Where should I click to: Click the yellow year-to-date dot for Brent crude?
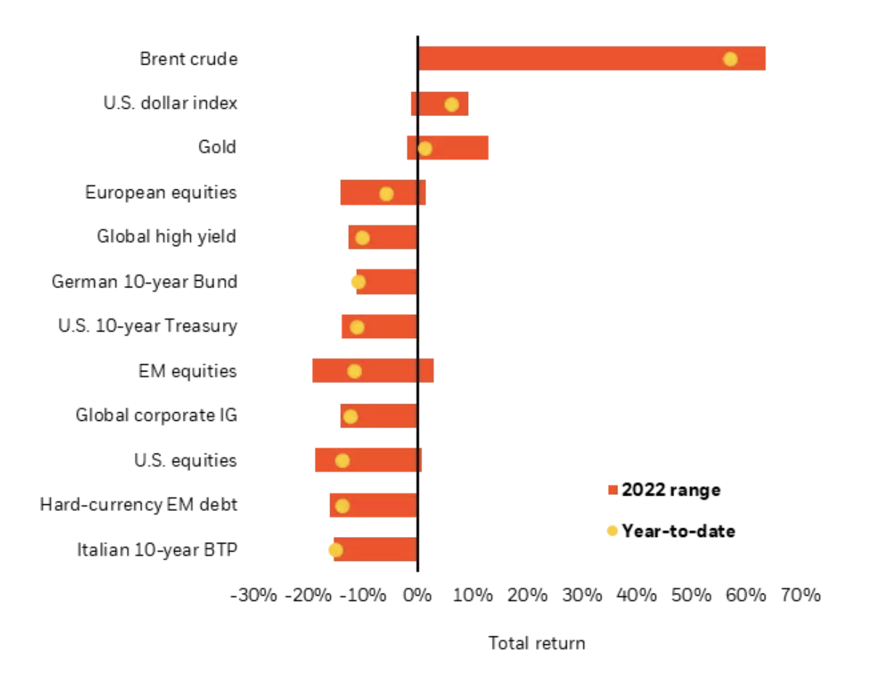tap(730, 59)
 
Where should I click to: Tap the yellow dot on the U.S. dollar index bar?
tap(451, 104)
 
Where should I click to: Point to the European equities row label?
tap(161, 192)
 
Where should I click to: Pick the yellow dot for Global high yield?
tap(362, 238)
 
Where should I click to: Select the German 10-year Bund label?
tap(144, 282)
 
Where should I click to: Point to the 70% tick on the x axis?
tap(801, 596)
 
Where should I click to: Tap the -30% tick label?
tap(253, 596)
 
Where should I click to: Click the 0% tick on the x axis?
tap(417, 596)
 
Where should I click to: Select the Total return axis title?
tap(536, 643)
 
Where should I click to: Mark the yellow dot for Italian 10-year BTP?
tap(335, 549)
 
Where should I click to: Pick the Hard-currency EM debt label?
tap(139, 504)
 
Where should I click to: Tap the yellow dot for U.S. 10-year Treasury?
tap(357, 327)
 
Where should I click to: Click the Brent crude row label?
tap(189, 59)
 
